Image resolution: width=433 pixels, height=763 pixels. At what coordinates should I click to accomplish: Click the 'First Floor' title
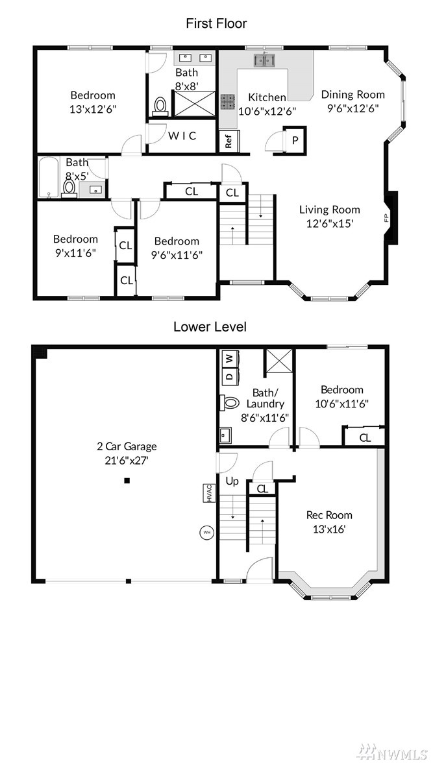(216, 23)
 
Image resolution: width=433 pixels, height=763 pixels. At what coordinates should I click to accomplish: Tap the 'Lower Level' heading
(210, 327)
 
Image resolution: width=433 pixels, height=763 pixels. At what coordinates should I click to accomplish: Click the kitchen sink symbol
(264, 60)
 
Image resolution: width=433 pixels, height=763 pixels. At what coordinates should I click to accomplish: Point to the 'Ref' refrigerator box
(229, 141)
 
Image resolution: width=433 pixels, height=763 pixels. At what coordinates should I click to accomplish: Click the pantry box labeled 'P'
(295, 141)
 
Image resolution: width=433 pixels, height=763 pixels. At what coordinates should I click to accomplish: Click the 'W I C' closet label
(182, 136)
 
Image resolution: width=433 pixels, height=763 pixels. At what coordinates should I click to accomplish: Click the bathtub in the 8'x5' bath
(48, 177)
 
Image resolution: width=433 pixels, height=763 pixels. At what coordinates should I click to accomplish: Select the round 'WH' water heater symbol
(206, 532)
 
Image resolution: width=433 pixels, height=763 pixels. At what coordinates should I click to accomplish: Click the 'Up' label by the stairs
(232, 481)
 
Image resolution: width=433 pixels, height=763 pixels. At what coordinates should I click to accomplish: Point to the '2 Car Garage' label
(127, 446)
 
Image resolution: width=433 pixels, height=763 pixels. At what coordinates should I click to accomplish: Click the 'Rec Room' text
(329, 515)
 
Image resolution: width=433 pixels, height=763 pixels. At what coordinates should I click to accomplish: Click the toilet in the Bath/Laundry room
(230, 402)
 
